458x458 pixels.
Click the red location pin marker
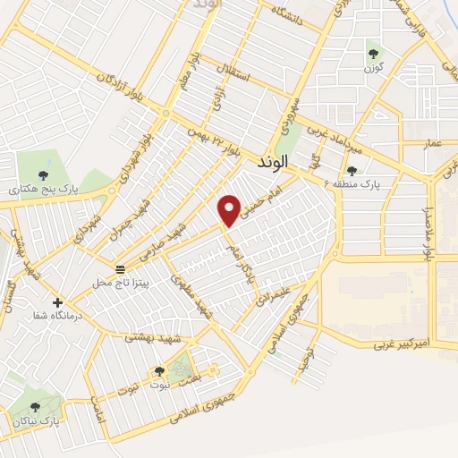tap(231, 209)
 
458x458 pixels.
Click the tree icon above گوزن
tap(373, 53)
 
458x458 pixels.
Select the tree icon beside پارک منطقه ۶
tap(351, 170)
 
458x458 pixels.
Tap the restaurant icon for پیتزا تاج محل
tap(120, 269)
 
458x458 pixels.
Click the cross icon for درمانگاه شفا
tap(59, 302)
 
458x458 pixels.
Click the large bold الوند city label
tap(274, 163)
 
